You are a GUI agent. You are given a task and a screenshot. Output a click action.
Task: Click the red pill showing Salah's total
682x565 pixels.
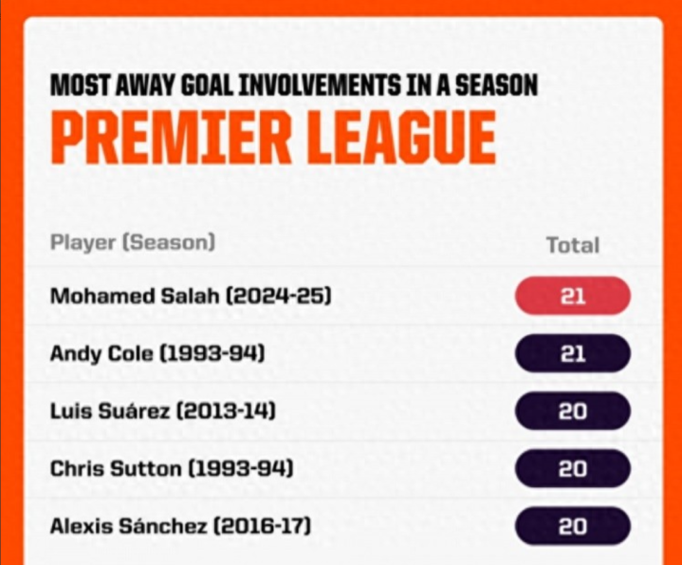pyautogui.click(x=573, y=296)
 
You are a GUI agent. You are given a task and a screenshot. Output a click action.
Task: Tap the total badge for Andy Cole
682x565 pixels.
pyautogui.click(x=573, y=353)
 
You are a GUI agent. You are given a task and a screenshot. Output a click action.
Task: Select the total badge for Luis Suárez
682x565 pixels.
pyautogui.click(x=573, y=411)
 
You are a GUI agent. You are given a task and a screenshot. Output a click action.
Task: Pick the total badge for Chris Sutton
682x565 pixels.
pyautogui.click(x=573, y=468)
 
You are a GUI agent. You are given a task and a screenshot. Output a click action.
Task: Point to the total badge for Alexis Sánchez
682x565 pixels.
pyautogui.click(x=573, y=526)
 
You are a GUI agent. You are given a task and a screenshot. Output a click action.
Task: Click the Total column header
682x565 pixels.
pyautogui.click(x=573, y=245)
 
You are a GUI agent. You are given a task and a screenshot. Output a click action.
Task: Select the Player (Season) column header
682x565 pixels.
pyautogui.click(x=133, y=242)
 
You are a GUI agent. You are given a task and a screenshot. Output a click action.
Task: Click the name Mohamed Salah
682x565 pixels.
pyautogui.click(x=135, y=296)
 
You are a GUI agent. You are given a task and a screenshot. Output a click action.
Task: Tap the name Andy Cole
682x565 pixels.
pyautogui.click(x=101, y=353)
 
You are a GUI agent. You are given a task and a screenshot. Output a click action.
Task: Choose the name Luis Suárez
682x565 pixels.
pyautogui.click(x=110, y=411)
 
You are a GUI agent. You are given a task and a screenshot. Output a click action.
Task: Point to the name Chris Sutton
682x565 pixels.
pyautogui.click(x=116, y=469)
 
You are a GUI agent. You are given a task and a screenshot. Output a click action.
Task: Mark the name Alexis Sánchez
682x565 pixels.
pyautogui.click(x=128, y=526)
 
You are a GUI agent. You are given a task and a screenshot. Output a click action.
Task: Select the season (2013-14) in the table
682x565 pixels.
pyautogui.click(x=226, y=411)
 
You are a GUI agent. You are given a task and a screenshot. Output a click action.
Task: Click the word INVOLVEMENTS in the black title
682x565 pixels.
pyautogui.click(x=320, y=85)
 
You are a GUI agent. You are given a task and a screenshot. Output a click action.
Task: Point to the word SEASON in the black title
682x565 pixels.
pyautogui.click(x=496, y=85)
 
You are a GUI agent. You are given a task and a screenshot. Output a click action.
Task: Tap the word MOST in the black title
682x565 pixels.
pyautogui.click(x=80, y=85)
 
